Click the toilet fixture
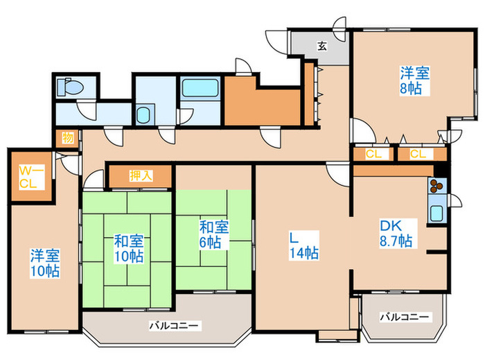[70, 87]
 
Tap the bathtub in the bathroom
[200, 88]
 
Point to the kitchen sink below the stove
[437, 214]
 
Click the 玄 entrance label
[322, 46]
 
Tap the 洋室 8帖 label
[415, 80]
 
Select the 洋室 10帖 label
[45, 263]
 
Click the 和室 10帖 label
[129, 249]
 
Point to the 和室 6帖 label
[213, 234]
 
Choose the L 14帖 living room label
[304, 245]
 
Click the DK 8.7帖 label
[396, 233]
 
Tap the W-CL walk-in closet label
[32, 177]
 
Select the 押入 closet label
[141, 175]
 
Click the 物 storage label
[68, 137]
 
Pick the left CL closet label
[373, 154]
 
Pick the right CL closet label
[418, 154]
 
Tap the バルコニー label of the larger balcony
[174, 326]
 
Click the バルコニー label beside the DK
[405, 317]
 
